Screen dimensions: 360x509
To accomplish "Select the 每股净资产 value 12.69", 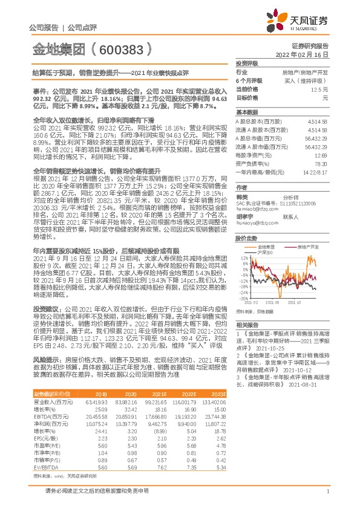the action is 321,155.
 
